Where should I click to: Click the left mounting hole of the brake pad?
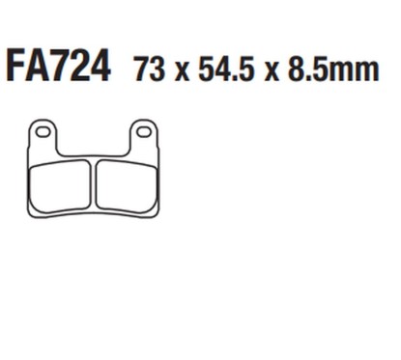tap(44, 129)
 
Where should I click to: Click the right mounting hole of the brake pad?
tap(142, 129)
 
